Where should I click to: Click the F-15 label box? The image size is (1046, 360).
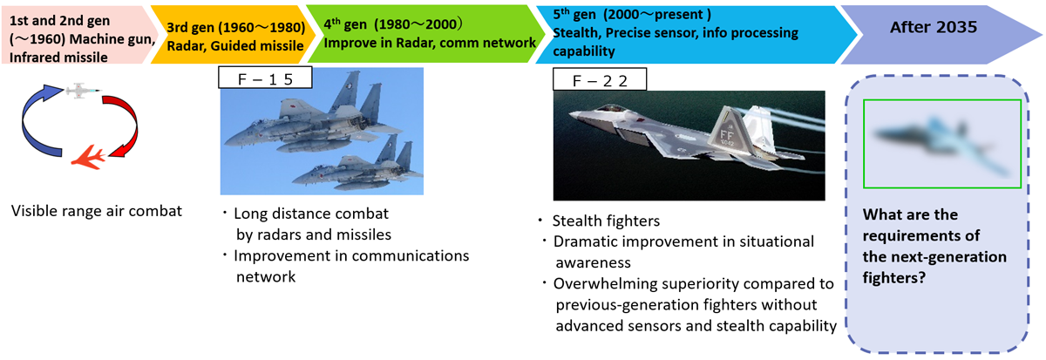click(265, 78)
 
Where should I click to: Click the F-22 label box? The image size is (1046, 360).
click(600, 79)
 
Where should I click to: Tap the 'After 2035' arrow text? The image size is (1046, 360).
click(933, 27)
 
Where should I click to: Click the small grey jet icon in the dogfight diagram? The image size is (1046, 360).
click(83, 91)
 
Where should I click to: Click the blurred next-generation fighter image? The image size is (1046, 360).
click(942, 144)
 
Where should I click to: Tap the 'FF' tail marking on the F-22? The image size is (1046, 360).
click(727, 135)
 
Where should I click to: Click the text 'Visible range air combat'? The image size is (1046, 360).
click(97, 211)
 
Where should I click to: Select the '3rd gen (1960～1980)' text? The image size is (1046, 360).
click(236, 28)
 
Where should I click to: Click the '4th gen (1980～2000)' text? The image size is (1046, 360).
click(393, 24)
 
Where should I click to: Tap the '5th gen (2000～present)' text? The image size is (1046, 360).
click(632, 15)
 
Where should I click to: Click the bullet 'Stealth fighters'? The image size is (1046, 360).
click(606, 221)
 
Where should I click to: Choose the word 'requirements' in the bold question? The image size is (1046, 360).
click(920, 236)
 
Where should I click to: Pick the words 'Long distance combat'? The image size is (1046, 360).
click(311, 214)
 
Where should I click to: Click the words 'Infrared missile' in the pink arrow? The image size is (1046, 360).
click(58, 58)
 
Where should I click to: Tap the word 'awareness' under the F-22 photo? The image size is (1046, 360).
click(593, 263)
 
